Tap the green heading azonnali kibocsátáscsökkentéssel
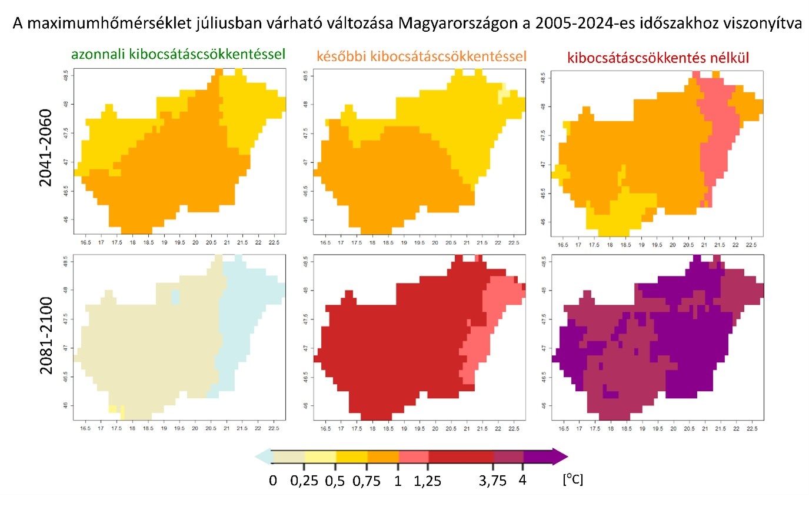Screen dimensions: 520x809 pyautogui.click(x=178, y=55)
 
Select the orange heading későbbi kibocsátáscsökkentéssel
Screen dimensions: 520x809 pyautogui.click(x=421, y=56)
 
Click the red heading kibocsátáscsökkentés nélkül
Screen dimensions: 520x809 pyautogui.click(x=658, y=58)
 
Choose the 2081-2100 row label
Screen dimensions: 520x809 pyautogui.click(x=46, y=335)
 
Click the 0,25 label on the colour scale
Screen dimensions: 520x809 pyautogui.click(x=304, y=481)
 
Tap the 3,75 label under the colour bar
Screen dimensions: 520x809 pyautogui.click(x=492, y=481)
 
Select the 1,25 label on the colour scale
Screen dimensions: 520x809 pyautogui.click(x=428, y=481)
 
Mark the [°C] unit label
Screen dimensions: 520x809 pyautogui.click(x=572, y=479)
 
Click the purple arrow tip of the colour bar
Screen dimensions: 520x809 pyautogui.click(x=561, y=456)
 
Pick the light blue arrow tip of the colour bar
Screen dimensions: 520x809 pyautogui.click(x=262, y=456)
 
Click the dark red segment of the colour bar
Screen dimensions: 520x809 pyautogui.click(x=461, y=456)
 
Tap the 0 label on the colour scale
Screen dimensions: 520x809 pyautogui.click(x=273, y=481)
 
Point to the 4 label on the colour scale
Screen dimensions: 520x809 pyautogui.click(x=522, y=480)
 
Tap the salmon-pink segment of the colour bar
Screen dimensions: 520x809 pyautogui.click(x=414, y=456)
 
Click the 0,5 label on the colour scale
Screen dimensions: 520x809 pyautogui.click(x=335, y=481)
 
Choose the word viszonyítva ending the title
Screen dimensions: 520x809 pyautogui.click(x=767, y=24)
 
